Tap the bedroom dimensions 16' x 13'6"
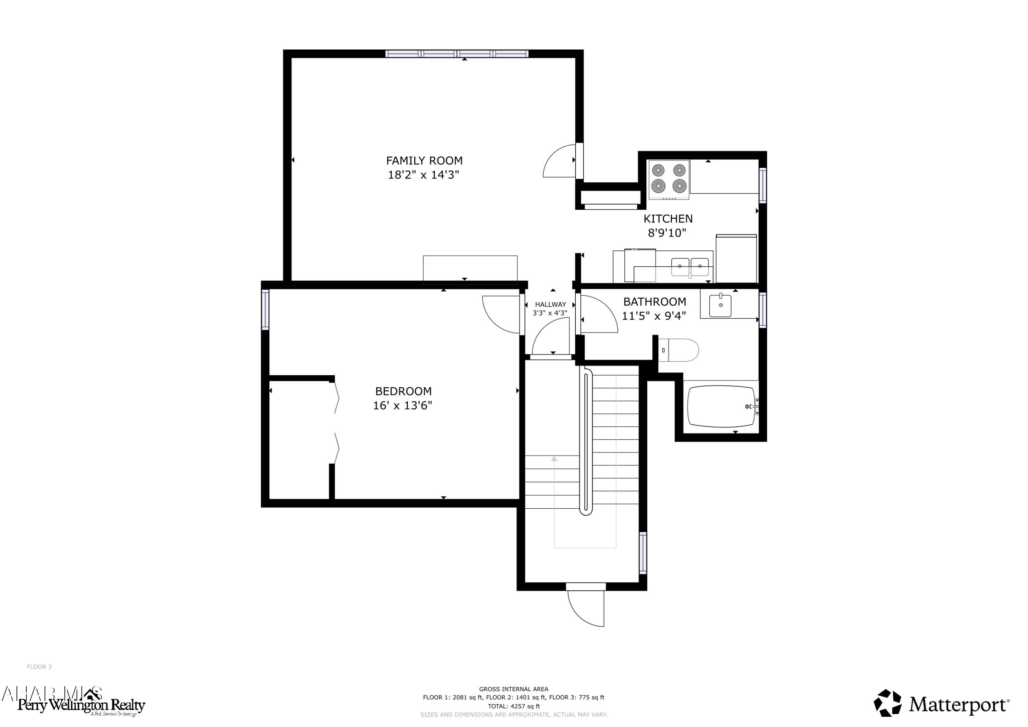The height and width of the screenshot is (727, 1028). (403, 405)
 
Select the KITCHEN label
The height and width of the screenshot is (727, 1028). (668, 219)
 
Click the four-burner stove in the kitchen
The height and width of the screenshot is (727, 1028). (669, 179)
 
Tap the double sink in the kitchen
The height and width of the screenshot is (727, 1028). (689, 267)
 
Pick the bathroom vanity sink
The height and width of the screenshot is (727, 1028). (720, 305)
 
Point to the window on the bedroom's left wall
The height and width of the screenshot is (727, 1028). (265, 310)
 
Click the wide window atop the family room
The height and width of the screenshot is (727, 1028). (457, 54)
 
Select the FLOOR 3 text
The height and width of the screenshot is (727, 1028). (39, 667)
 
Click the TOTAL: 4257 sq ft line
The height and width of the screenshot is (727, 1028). (514, 706)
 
